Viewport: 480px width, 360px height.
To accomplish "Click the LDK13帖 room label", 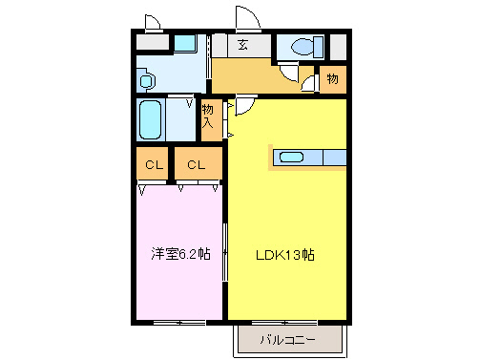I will (x=284, y=255).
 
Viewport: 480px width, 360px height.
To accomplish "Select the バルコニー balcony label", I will (x=287, y=339).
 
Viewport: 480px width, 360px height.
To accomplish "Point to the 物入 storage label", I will (x=209, y=116).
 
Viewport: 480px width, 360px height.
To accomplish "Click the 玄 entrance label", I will (x=243, y=45).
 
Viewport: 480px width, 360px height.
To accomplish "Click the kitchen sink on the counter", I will (x=291, y=158).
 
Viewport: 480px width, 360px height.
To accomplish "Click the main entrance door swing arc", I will (x=246, y=19).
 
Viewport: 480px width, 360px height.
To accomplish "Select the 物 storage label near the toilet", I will (x=332, y=78).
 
